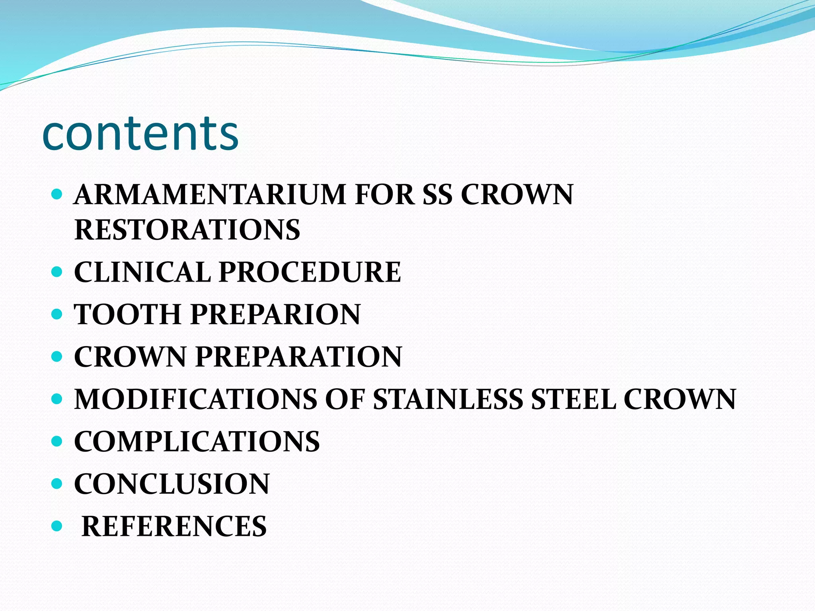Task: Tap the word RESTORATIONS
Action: pos(187,230)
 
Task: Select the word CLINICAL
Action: pos(142,272)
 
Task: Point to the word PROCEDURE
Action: pos(310,272)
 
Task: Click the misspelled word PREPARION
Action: pos(275,314)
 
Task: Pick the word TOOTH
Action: pos(128,314)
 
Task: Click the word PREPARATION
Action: pos(298,356)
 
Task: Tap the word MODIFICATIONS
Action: pos(195,399)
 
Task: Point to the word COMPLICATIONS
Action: pos(197,441)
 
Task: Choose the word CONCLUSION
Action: pos(172,484)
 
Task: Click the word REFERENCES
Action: pos(174,526)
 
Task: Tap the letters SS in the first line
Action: pos(437,195)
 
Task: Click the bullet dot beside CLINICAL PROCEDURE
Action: pos(57,272)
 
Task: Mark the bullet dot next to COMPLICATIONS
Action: pos(57,441)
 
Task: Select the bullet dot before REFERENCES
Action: pos(57,526)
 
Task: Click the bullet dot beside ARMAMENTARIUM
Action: pos(57,194)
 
